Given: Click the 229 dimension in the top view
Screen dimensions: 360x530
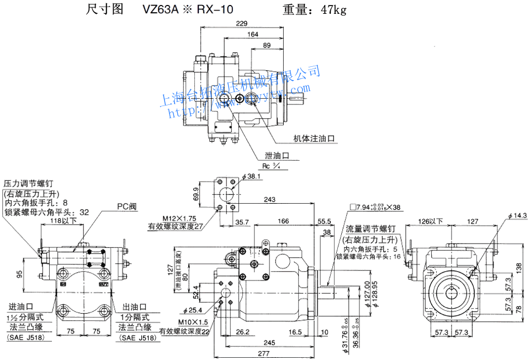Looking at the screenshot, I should click(241, 23).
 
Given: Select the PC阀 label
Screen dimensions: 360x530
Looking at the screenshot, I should click(126, 206).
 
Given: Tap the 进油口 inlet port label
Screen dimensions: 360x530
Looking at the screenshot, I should click(20, 307).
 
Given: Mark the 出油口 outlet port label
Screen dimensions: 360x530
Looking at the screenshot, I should click(134, 307).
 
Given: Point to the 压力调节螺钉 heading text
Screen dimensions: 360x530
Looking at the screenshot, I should click(28, 183).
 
